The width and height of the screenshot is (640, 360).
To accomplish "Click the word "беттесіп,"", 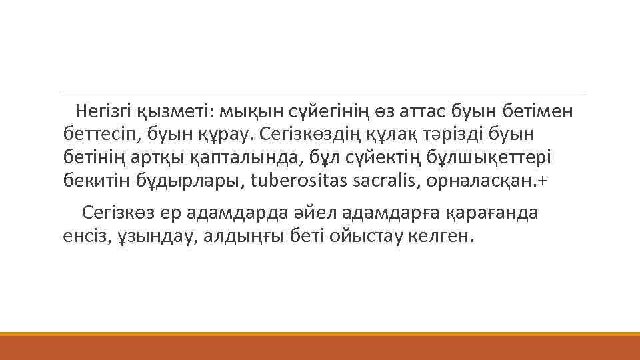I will [93, 133].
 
